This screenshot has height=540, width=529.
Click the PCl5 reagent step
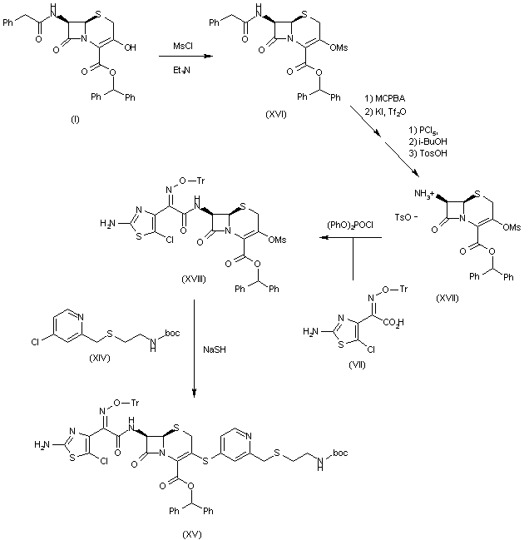tap(422, 130)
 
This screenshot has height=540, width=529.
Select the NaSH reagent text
tap(210, 351)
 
